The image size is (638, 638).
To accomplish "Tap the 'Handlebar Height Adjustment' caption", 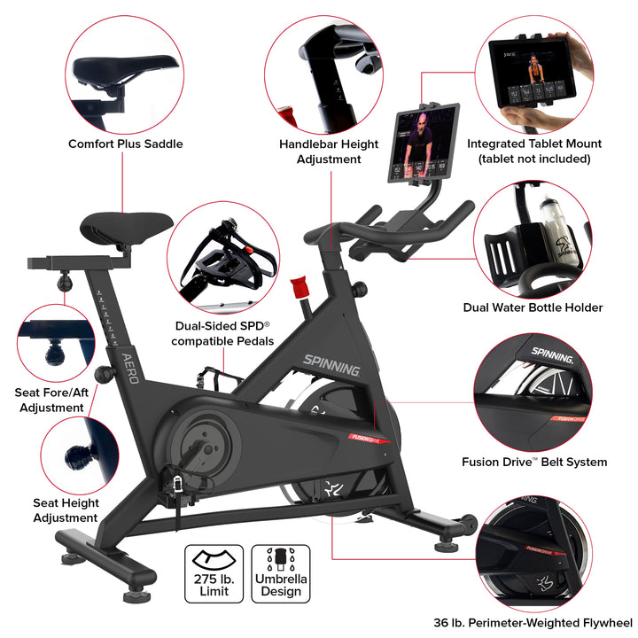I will point(329,152).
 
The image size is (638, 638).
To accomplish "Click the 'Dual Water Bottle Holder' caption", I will point(533,307).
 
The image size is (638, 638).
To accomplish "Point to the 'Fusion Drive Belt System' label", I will point(534,462).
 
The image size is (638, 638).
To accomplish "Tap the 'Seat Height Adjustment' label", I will point(65,510).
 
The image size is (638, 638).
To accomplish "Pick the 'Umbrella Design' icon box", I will point(281,574).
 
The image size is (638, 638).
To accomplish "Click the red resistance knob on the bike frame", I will point(299,286).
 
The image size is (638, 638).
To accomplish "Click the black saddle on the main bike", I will point(127,226).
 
